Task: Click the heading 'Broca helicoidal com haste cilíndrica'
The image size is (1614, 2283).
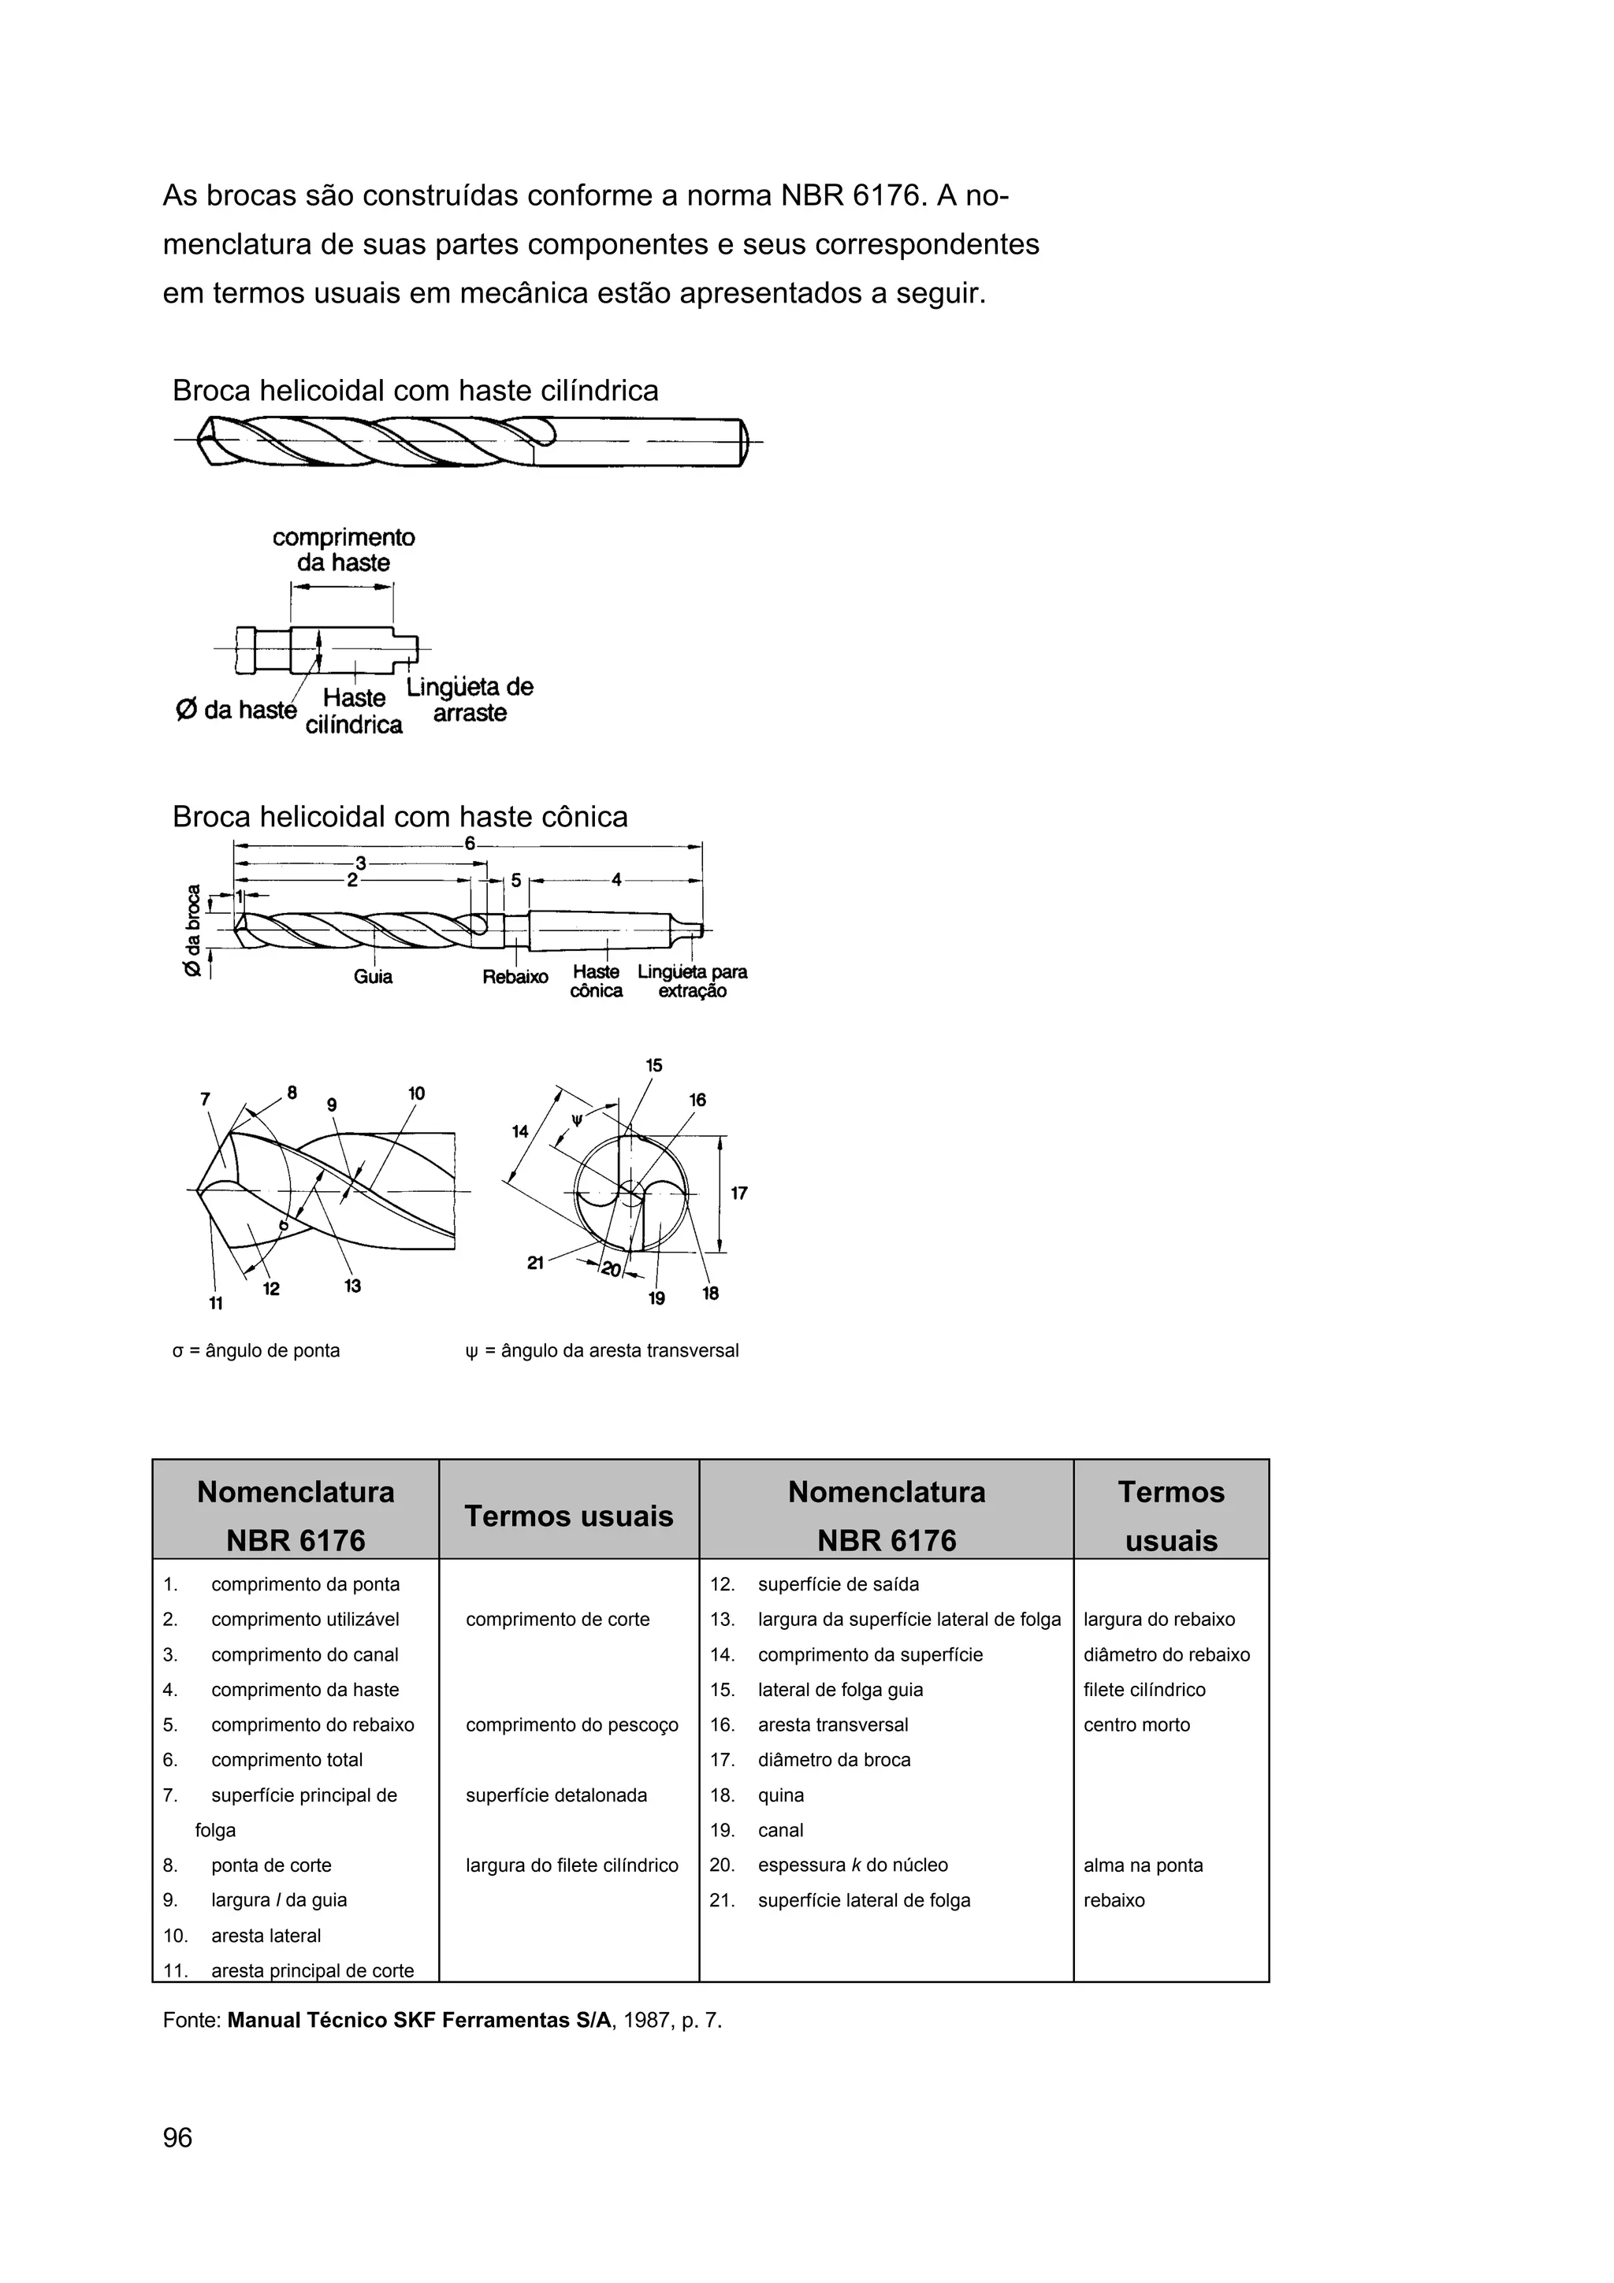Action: pos(415,391)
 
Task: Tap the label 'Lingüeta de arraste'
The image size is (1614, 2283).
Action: pos(470,700)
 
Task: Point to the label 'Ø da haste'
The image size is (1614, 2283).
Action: pos(236,710)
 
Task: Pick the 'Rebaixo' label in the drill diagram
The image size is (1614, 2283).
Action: pos(515,978)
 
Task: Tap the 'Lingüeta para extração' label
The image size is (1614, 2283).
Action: pos(692,981)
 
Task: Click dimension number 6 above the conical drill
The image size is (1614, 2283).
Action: pos(470,845)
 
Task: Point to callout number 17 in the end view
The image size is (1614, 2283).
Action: pos(739,1193)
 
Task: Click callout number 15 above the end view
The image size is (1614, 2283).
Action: pos(653,1066)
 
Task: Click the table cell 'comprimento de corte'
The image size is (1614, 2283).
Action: pos(557,1620)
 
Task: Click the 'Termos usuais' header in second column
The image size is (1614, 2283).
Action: pos(569,1516)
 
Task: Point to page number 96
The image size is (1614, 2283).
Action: pos(177,2138)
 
